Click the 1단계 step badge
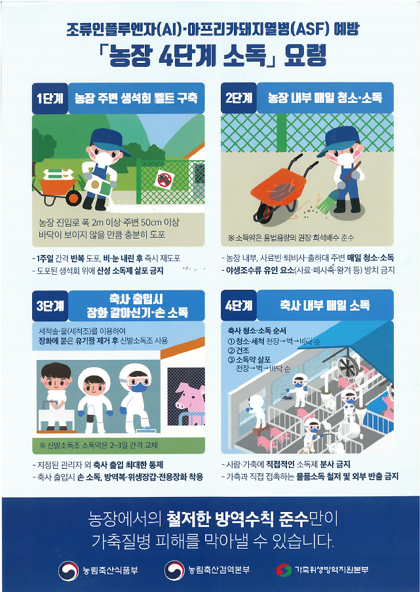[x=50, y=98]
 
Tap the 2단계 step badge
[x=239, y=98]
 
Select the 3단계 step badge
[x=50, y=306]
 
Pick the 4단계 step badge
[x=239, y=306]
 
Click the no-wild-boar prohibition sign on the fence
[x=163, y=180]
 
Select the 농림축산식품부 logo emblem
[x=68, y=570]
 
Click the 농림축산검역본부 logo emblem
[x=174, y=570]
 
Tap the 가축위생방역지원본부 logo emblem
[x=284, y=570]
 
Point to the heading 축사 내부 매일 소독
[x=324, y=305]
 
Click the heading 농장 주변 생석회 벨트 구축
[x=136, y=98]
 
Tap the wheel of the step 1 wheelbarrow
[x=73, y=197]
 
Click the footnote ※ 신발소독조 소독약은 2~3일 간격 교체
[x=98, y=445]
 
